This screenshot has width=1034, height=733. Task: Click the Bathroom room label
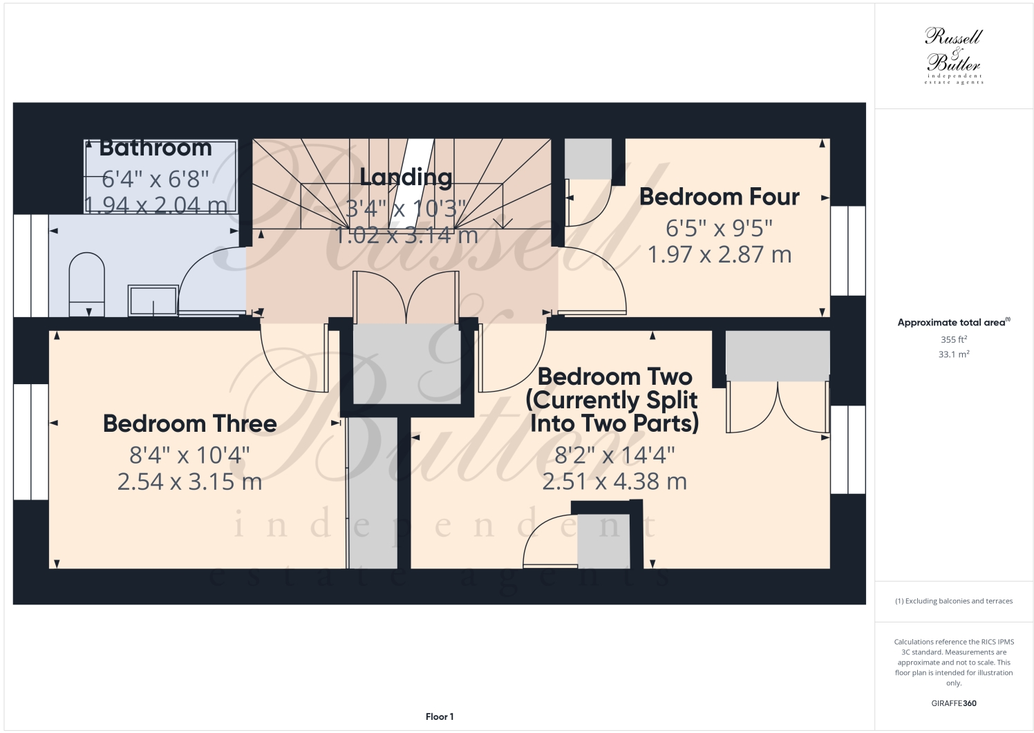(156, 148)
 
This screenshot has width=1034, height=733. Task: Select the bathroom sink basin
(153, 301)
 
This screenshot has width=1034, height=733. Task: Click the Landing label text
(406, 178)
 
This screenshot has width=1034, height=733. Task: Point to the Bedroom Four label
(719, 197)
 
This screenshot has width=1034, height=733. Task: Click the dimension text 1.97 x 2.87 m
(719, 255)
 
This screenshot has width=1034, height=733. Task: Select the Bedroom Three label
(189, 423)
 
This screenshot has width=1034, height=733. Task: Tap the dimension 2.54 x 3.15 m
(189, 482)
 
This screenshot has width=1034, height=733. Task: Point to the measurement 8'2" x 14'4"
(614, 455)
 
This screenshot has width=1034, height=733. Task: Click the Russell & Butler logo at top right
(954, 55)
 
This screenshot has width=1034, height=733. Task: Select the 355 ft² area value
(954, 339)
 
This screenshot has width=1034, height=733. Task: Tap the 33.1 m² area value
(954, 354)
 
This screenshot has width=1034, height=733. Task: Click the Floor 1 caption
(440, 716)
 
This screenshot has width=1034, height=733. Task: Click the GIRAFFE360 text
(954, 703)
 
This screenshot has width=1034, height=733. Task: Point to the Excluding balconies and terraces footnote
(954, 601)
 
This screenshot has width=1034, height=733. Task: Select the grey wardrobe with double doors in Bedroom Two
(777, 355)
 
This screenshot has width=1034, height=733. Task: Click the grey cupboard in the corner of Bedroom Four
(588, 159)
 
